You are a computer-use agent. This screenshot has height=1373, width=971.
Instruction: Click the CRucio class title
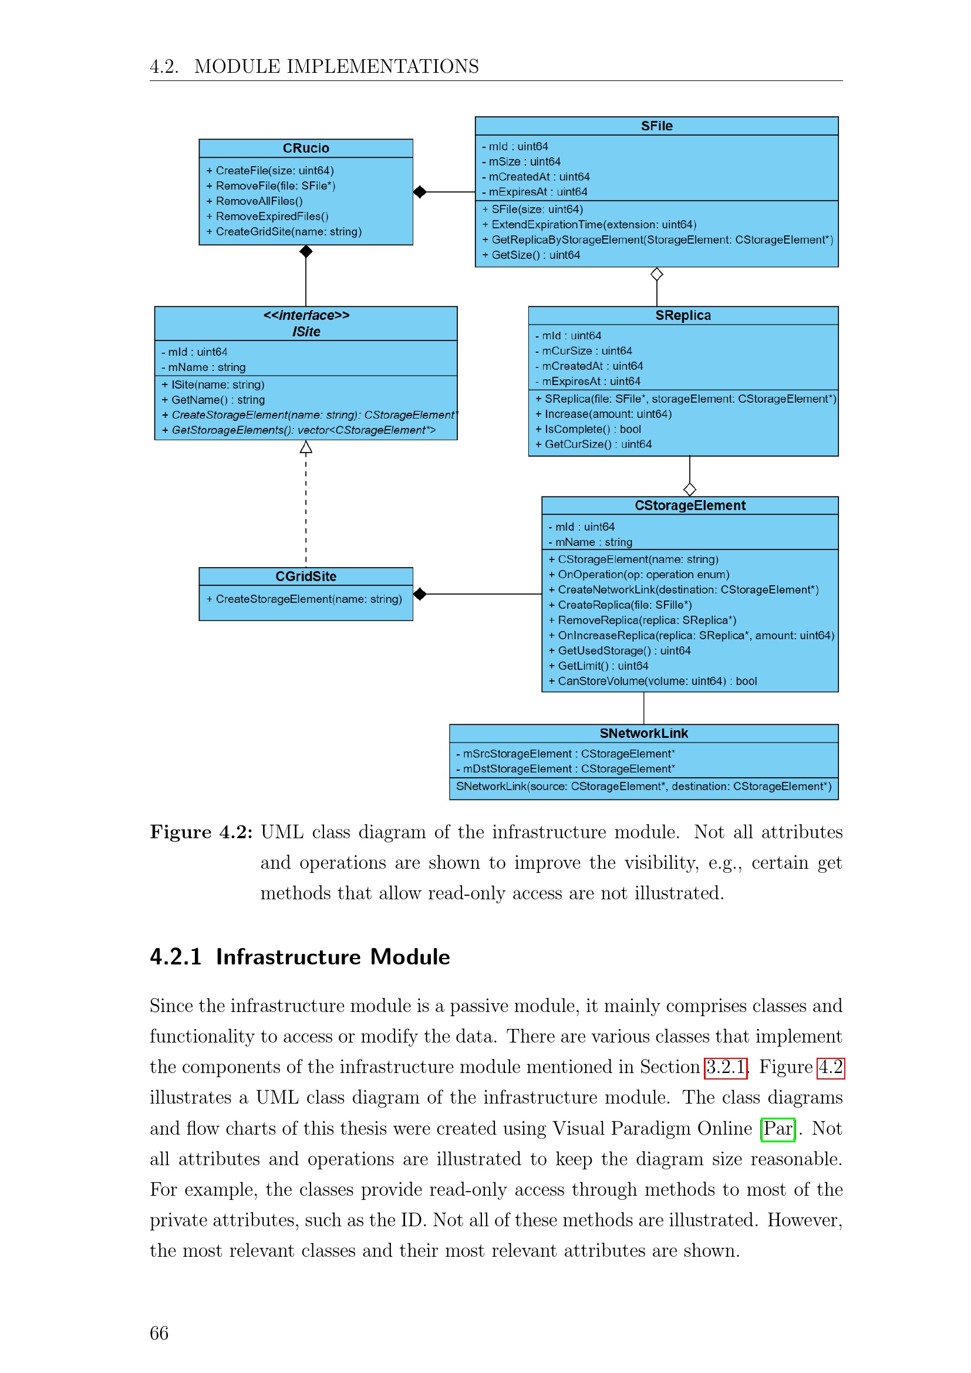point(305,149)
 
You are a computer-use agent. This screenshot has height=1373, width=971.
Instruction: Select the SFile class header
point(656,126)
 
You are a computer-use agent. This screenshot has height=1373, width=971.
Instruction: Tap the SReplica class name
point(682,316)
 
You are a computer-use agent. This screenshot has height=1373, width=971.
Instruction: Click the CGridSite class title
point(305,576)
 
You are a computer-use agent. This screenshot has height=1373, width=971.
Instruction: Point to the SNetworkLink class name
point(643,733)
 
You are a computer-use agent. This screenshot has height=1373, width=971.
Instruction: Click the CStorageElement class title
point(689,506)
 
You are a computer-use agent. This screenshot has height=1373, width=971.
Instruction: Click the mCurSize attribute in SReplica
point(586,351)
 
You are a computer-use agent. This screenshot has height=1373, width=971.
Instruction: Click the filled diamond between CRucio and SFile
point(420,192)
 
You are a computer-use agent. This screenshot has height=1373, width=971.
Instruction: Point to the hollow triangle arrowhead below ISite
point(305,447)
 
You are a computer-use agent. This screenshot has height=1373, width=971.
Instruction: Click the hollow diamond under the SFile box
point(656,275)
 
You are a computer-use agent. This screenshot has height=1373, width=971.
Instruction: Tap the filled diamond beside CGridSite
point(420,594)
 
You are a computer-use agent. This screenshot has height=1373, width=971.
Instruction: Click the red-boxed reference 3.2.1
point(725,1067)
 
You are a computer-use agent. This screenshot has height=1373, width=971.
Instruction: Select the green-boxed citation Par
point(777,1128)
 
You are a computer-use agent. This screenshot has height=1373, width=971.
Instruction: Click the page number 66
point(159,1333)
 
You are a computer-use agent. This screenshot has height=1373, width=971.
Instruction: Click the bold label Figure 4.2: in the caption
point(201,832)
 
